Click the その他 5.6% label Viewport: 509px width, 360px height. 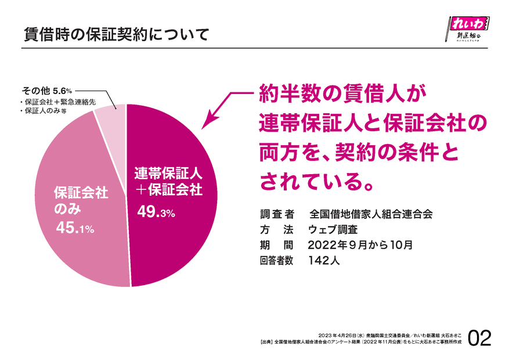46,91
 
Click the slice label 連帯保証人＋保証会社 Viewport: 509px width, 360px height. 168,181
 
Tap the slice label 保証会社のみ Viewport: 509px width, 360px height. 81,200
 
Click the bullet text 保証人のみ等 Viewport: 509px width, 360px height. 43,110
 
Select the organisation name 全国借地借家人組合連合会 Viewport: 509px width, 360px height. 371,213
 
